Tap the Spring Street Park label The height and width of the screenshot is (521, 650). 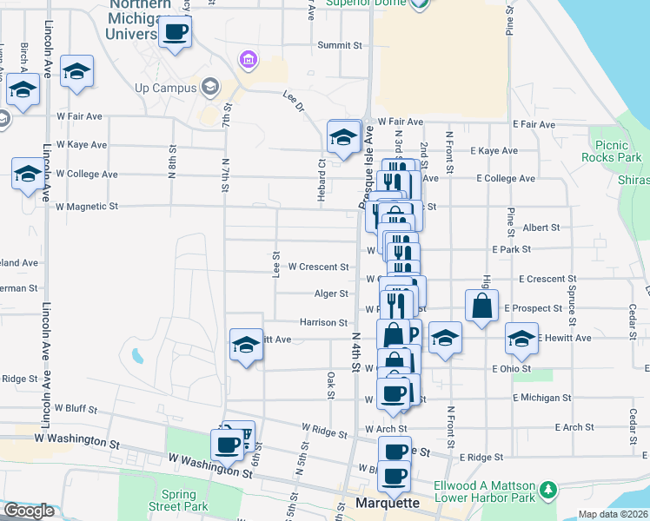coord(178,500)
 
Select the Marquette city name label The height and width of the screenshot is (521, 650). coord(388,503)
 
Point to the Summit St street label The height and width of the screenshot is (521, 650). coord(339,45)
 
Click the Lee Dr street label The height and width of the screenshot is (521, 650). coord(294,101)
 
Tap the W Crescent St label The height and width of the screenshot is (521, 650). coord(318,267)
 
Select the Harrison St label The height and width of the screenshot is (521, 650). coord(323,322)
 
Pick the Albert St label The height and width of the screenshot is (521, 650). coord(541,228)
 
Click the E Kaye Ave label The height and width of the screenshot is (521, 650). coord(494,150)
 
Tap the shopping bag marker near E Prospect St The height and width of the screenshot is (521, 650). coord(481,307)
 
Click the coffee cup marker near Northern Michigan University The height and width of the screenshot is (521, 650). coord(175,32)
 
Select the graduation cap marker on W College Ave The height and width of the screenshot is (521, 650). coord(28,174)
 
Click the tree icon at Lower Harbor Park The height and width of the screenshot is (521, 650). coord(547,491)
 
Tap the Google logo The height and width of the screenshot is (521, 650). coord(29,511)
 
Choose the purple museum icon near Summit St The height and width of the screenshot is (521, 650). coord(249,59)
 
